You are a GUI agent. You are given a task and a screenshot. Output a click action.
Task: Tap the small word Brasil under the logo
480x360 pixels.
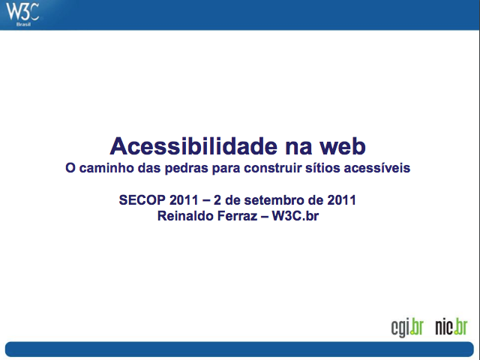[x=23, y=24]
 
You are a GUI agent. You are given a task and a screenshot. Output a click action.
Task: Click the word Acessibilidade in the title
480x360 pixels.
[x=193, y=146]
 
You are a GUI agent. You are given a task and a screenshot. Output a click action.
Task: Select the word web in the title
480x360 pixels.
[x=343, y=146]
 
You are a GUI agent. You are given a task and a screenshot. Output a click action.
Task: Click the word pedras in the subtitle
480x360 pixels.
[x=187, y=168]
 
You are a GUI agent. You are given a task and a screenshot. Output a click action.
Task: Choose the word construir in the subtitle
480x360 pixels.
[x=273, y=168]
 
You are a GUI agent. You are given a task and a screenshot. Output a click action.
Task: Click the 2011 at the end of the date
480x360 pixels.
[x=342, y=200]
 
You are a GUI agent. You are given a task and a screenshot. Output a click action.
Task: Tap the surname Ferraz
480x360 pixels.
[x=237, y=216]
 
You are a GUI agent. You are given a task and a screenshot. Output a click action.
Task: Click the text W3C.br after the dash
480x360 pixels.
[x=295, y=216]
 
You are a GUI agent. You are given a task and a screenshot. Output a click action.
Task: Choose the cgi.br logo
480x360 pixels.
[x=407, y=328]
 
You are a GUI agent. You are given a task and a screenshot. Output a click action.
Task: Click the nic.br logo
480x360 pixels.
[x=451, y=327]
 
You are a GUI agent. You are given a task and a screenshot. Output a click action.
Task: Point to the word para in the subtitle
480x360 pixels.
[x=226, y=168]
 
